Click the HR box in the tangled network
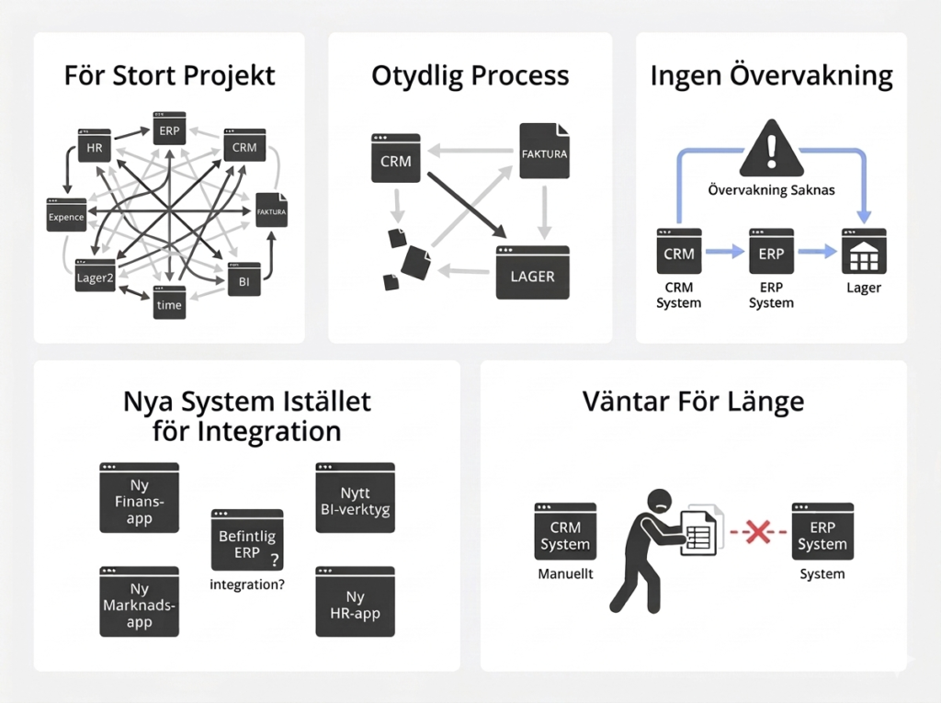point(95,146)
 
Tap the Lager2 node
point(95,277)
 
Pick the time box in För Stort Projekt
point(169,302)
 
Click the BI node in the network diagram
point(244,280)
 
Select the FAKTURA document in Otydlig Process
point(543,153)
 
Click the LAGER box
point(532,273)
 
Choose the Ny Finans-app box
point(139,498)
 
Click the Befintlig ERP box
point(247,541)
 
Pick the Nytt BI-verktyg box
point(355,497)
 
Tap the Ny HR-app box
point(355,602)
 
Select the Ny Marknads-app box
point(139,602)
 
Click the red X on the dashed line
point(757,532)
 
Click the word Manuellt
point(564,573)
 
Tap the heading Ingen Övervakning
point(771,76)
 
